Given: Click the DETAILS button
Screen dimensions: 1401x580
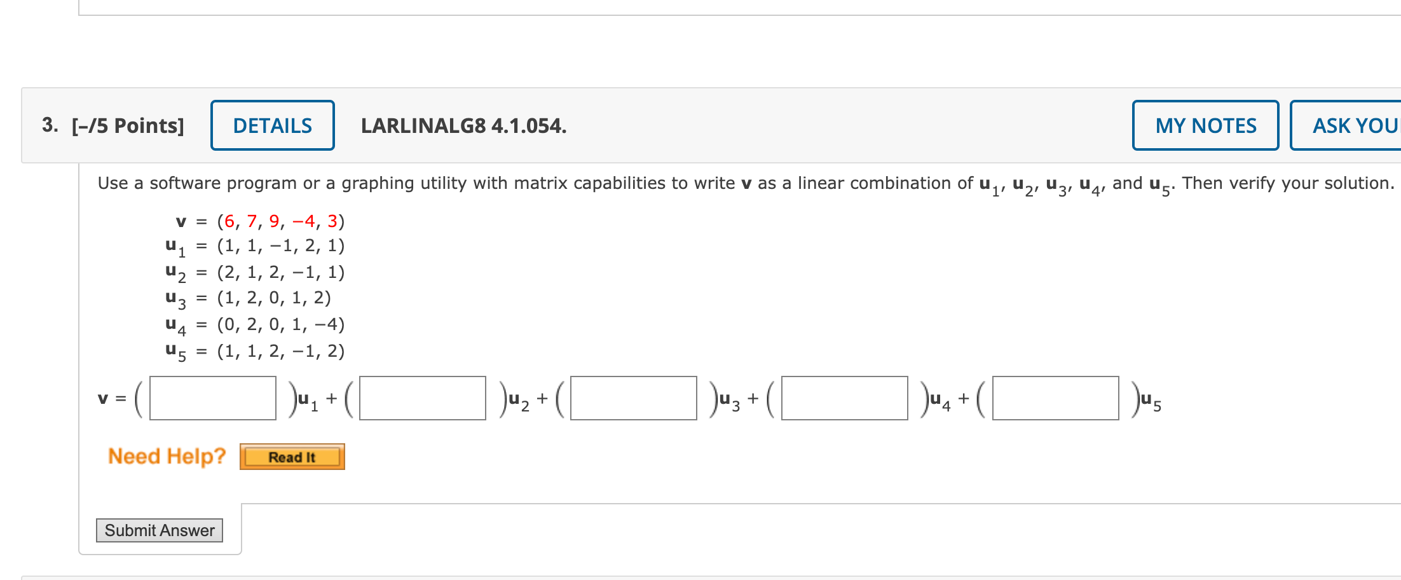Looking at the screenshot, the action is click(x=272, y=125).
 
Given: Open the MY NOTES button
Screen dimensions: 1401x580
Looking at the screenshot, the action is click(x=1205, y=125).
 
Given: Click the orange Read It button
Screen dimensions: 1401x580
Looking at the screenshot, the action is click(x=292, y=457).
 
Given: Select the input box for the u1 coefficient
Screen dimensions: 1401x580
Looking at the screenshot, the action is click(x=212, y=398).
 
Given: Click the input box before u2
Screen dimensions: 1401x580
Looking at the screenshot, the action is click(x=422, y=398).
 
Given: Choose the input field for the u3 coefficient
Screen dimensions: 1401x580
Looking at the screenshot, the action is click(x=633, y=398).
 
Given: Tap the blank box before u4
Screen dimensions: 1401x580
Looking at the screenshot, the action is click(x=844, y=398).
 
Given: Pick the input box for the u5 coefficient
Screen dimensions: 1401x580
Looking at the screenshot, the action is click(x=1055, y=398).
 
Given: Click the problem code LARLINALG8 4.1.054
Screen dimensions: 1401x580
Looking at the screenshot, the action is click(x=463, y=126).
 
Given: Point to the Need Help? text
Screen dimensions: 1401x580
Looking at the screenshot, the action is click(x=167, y=456).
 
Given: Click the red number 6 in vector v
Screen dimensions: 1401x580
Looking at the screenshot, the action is click(x=229, y=221).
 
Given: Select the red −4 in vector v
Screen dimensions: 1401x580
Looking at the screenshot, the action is click(x=304, y=221).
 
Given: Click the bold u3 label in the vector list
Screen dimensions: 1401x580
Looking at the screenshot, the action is click(x=175, y=298).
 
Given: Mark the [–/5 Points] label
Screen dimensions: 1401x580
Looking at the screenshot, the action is click(x=128, y=126).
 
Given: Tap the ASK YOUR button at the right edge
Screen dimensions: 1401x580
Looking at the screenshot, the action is click(x=1354, y=125).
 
